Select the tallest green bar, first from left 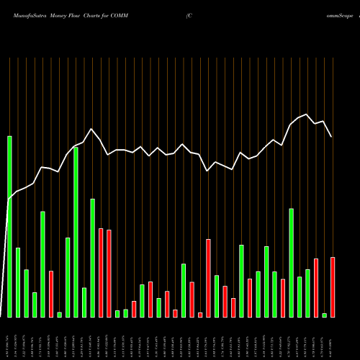click(10, 226)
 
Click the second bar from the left click(18, 282)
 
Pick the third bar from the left click(27, 293)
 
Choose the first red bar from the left click(51, 294)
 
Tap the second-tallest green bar click(76, 232)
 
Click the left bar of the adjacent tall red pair click(101, 272)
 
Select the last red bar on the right click(333, 287)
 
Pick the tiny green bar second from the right click(325, 315)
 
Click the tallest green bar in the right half click(292, 263)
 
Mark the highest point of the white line click(307, 114)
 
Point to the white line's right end click(332, 137)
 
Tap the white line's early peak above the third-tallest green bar click(92, 129)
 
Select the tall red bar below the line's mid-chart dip click(208, 278)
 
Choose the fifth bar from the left click(43, 264)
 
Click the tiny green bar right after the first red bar click(60, 314)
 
